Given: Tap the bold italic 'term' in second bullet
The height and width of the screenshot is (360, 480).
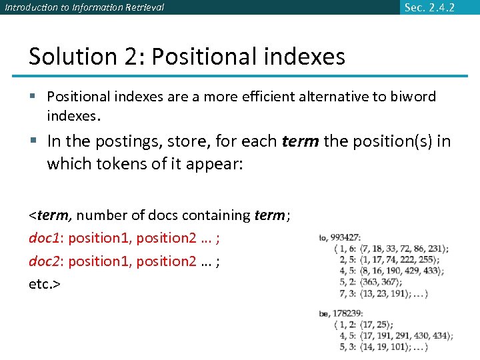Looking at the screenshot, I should [x=299, y=141].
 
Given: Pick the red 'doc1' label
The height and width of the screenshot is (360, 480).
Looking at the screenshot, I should [x=43, y=238].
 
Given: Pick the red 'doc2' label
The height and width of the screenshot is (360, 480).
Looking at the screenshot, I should [x=43, y=261].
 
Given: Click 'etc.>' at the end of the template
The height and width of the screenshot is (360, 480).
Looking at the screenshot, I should [x=45, y=284].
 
